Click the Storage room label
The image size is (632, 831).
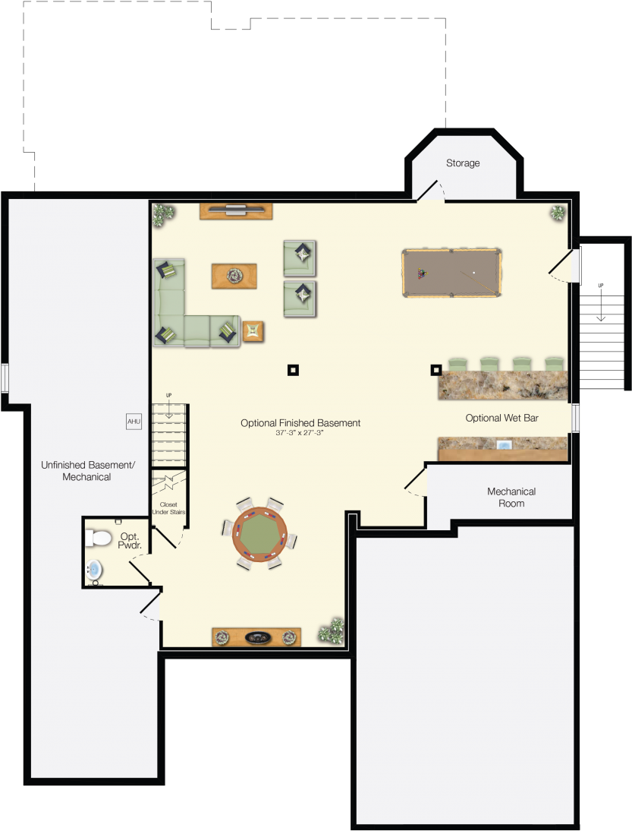coord(463,163)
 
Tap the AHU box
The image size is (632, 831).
coord(134,422)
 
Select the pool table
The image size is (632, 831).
coord(451,273)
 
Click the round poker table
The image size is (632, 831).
coord(259,534)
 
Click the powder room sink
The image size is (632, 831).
coord(93,569)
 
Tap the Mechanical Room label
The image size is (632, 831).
coord(511,498)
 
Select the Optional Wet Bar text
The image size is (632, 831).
coord(502,418)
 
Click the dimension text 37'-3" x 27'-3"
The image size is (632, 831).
coord(300,433)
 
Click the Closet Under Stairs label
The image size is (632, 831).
coord(168,508)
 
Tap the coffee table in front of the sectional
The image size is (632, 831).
coord(234,275)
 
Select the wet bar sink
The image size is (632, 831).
coord(502,444)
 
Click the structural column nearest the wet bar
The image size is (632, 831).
coord(436,371)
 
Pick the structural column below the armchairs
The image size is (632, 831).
coord(293,371)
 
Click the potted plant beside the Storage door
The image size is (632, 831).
coord(558,213)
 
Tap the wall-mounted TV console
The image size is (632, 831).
coord(235,210)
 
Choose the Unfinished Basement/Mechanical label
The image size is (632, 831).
coord(87,471)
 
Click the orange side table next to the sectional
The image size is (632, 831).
coord(253,331)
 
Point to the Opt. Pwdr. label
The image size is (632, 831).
coord(130,540)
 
